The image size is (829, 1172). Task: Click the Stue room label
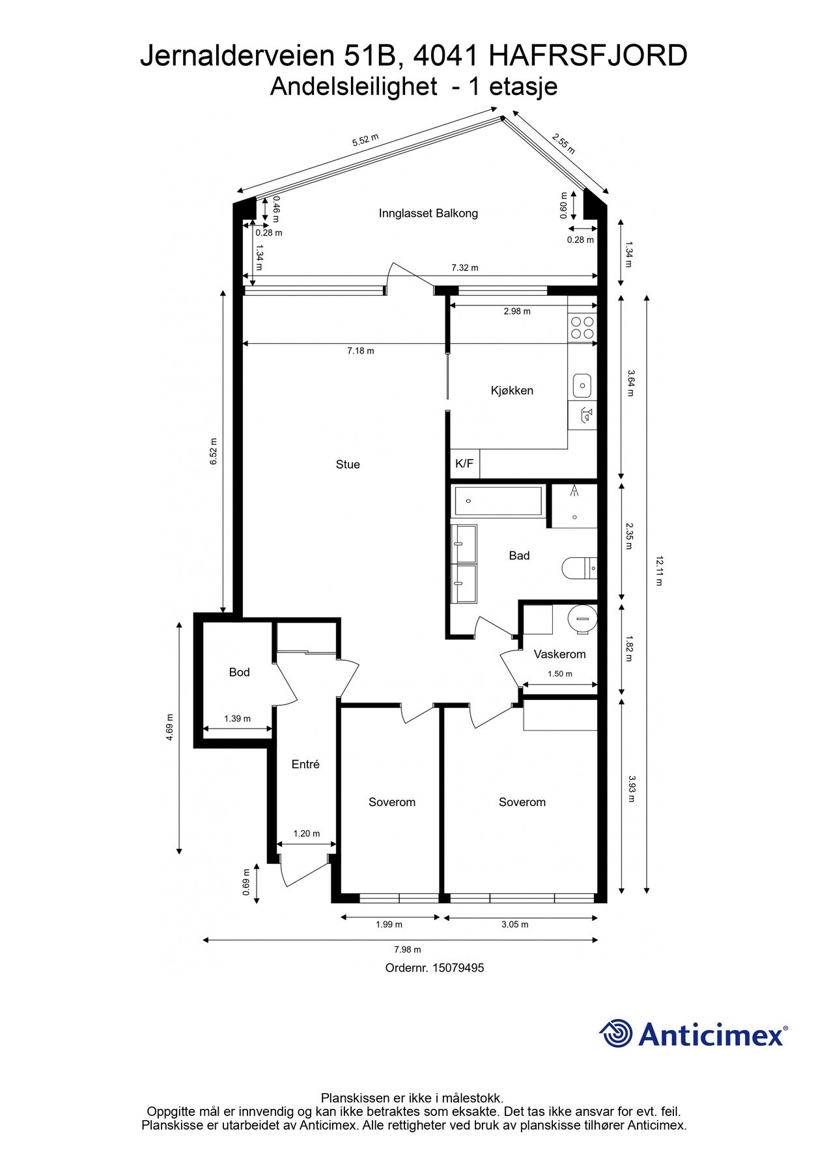(x=348, y=464)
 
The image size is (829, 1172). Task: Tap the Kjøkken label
(x=512, y=391)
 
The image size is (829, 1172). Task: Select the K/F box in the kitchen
(x=464, y=464)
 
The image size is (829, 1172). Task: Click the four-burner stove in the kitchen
(x=582, y=328)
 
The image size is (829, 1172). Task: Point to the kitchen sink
(x=582, y=386)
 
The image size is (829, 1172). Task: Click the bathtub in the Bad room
(x=498, y=501)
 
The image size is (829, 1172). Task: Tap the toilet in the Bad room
(x=580, y=567)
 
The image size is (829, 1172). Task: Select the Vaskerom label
(x=559, y=654)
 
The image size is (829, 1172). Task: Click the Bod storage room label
(x=239, y=672)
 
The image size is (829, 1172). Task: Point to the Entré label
(x=305, y=764)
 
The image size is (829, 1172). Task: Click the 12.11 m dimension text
(x=659, y=570)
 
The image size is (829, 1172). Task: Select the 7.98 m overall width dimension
(x=408, y=949)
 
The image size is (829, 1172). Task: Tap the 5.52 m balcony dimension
(x=365, y=140)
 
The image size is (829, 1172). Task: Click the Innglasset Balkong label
(x=429, y=213)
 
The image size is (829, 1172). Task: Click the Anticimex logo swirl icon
(x=616, y=1033)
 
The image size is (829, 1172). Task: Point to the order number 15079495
(x=434, y=968)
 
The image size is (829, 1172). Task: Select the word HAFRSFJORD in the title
(x=587, y=56)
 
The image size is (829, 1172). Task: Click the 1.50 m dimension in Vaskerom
(x=560, y=674)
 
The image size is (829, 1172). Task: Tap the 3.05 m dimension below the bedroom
(x=515, y=925)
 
